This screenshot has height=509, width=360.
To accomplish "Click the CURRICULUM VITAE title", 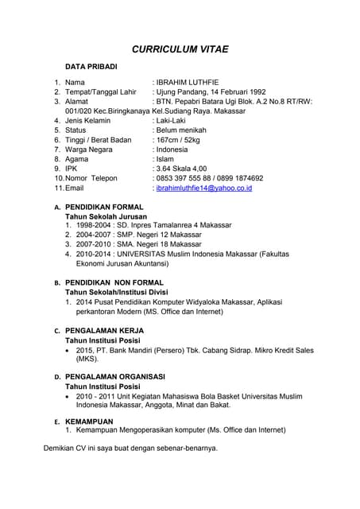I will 180,49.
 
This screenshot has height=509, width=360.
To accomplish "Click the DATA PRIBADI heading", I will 91,66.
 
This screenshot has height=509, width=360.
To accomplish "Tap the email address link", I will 204,188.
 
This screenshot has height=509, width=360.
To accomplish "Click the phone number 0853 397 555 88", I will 187,178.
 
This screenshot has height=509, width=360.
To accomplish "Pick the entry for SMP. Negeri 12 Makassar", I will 148,235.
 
